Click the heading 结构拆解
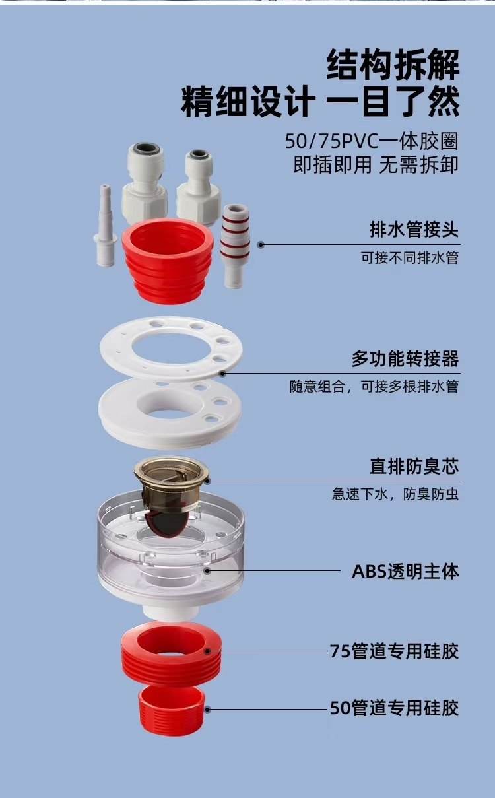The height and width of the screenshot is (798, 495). click(393, 65)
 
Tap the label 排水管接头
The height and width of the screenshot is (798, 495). click(414, 229)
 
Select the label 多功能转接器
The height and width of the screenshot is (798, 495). click(405, 358)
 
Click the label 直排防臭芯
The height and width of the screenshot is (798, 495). click(414, 467)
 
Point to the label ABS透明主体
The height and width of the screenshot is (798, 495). click(405, 571)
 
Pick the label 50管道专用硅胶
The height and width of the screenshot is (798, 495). click(394, 708)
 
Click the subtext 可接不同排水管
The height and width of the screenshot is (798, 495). click(410, 257)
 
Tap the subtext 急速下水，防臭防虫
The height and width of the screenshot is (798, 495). click(395, 494)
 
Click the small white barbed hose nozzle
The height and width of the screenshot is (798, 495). click(106, 226)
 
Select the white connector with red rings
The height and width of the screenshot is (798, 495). click(235, 246)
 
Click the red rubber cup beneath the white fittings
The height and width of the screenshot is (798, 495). click(168, 261)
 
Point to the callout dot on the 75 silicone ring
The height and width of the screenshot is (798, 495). click(207, 651)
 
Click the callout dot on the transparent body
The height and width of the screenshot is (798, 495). click(207, 570)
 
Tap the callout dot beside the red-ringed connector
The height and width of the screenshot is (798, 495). click(261, 245)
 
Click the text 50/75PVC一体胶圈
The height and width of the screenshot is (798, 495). click(372, 141)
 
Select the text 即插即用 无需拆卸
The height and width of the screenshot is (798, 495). click(376, 165)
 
